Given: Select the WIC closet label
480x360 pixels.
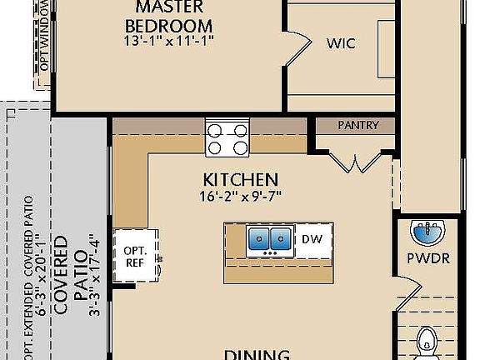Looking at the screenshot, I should pos(341,42).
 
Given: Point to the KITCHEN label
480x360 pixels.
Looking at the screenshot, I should pos(240,179).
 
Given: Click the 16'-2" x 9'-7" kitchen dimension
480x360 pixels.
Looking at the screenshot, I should pos(240,197).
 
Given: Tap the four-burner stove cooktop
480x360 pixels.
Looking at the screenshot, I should pos(227,138).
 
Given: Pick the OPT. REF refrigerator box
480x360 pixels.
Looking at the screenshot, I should pos(135,257).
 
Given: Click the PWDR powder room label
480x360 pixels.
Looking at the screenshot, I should pos(429,258).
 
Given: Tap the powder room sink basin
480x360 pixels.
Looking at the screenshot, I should pos(427,229).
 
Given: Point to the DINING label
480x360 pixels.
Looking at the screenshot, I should pos(257,353).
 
